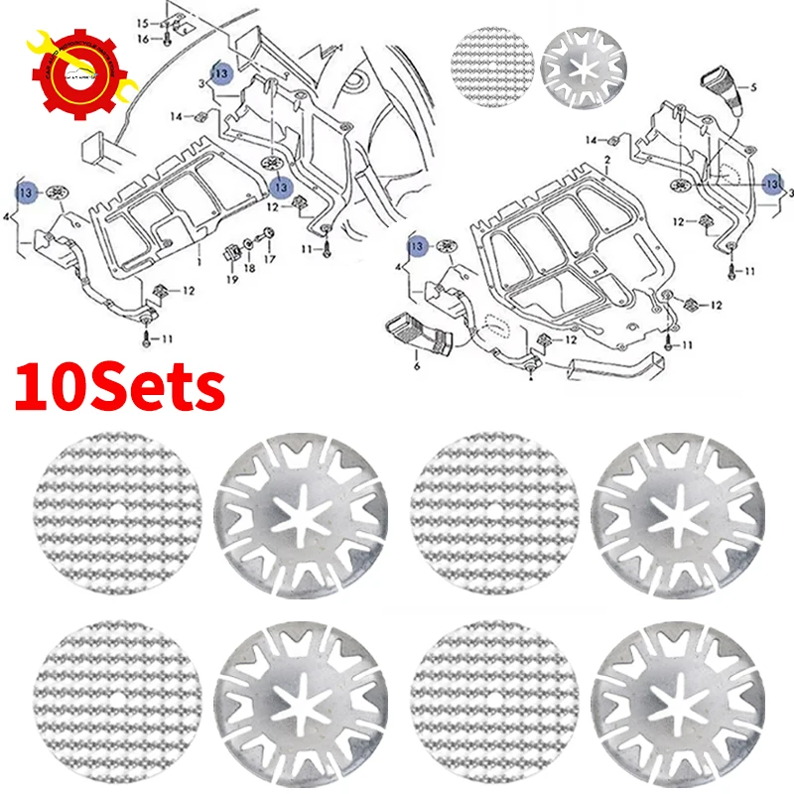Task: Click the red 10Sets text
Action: pos(119,384)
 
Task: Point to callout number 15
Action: pos(141,22)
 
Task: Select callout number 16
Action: pos(142,38)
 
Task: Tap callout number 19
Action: pos(231,281)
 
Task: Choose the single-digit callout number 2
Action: pos(605,161)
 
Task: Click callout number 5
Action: pos(753,88)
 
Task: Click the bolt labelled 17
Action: pos(268,236)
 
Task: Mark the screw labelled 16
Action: pos(167,38)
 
